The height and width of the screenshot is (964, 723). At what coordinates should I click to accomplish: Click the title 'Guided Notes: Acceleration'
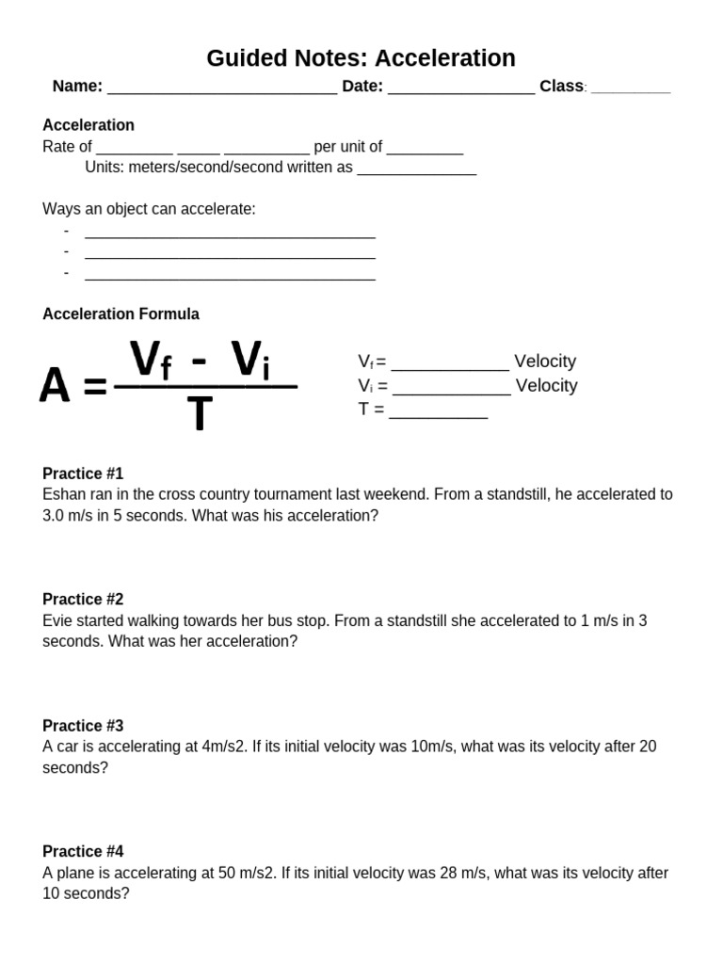pyautogui.click(x=361, y=58)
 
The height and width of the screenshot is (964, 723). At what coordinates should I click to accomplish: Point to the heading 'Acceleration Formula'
pyautogui.click(x=120, y=314)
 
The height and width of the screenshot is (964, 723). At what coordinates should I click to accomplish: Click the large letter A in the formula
pyautogui.click(x=55, y=386)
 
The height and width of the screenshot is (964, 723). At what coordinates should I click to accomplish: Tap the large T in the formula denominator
pyautogui.click(x=199, y=414)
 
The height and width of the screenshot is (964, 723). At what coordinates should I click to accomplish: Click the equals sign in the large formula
pyautogui.click(x=95, y=386)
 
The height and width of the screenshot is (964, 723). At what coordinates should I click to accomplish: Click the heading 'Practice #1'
pyautogui.click(x=83, y=474)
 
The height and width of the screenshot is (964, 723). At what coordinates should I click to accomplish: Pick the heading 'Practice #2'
pyautogui.click(x=83, y=600)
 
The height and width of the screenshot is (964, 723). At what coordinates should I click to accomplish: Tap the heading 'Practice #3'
pyautogui.click(x=83, y=726)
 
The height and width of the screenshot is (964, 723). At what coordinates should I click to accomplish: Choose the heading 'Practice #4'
pyautogui.click(x=83, y=852)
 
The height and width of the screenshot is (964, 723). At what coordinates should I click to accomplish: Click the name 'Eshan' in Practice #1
pyautogui.click(x=64, y=494)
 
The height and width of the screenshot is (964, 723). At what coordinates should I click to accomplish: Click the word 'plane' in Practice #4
pyautogui.click(x=77, y=873)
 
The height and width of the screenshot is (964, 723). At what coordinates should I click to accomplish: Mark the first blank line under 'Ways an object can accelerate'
pyautogui.click(x=230, y=234)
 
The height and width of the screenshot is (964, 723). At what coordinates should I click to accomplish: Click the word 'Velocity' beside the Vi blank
pyautogui.click(x=547, y=386)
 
